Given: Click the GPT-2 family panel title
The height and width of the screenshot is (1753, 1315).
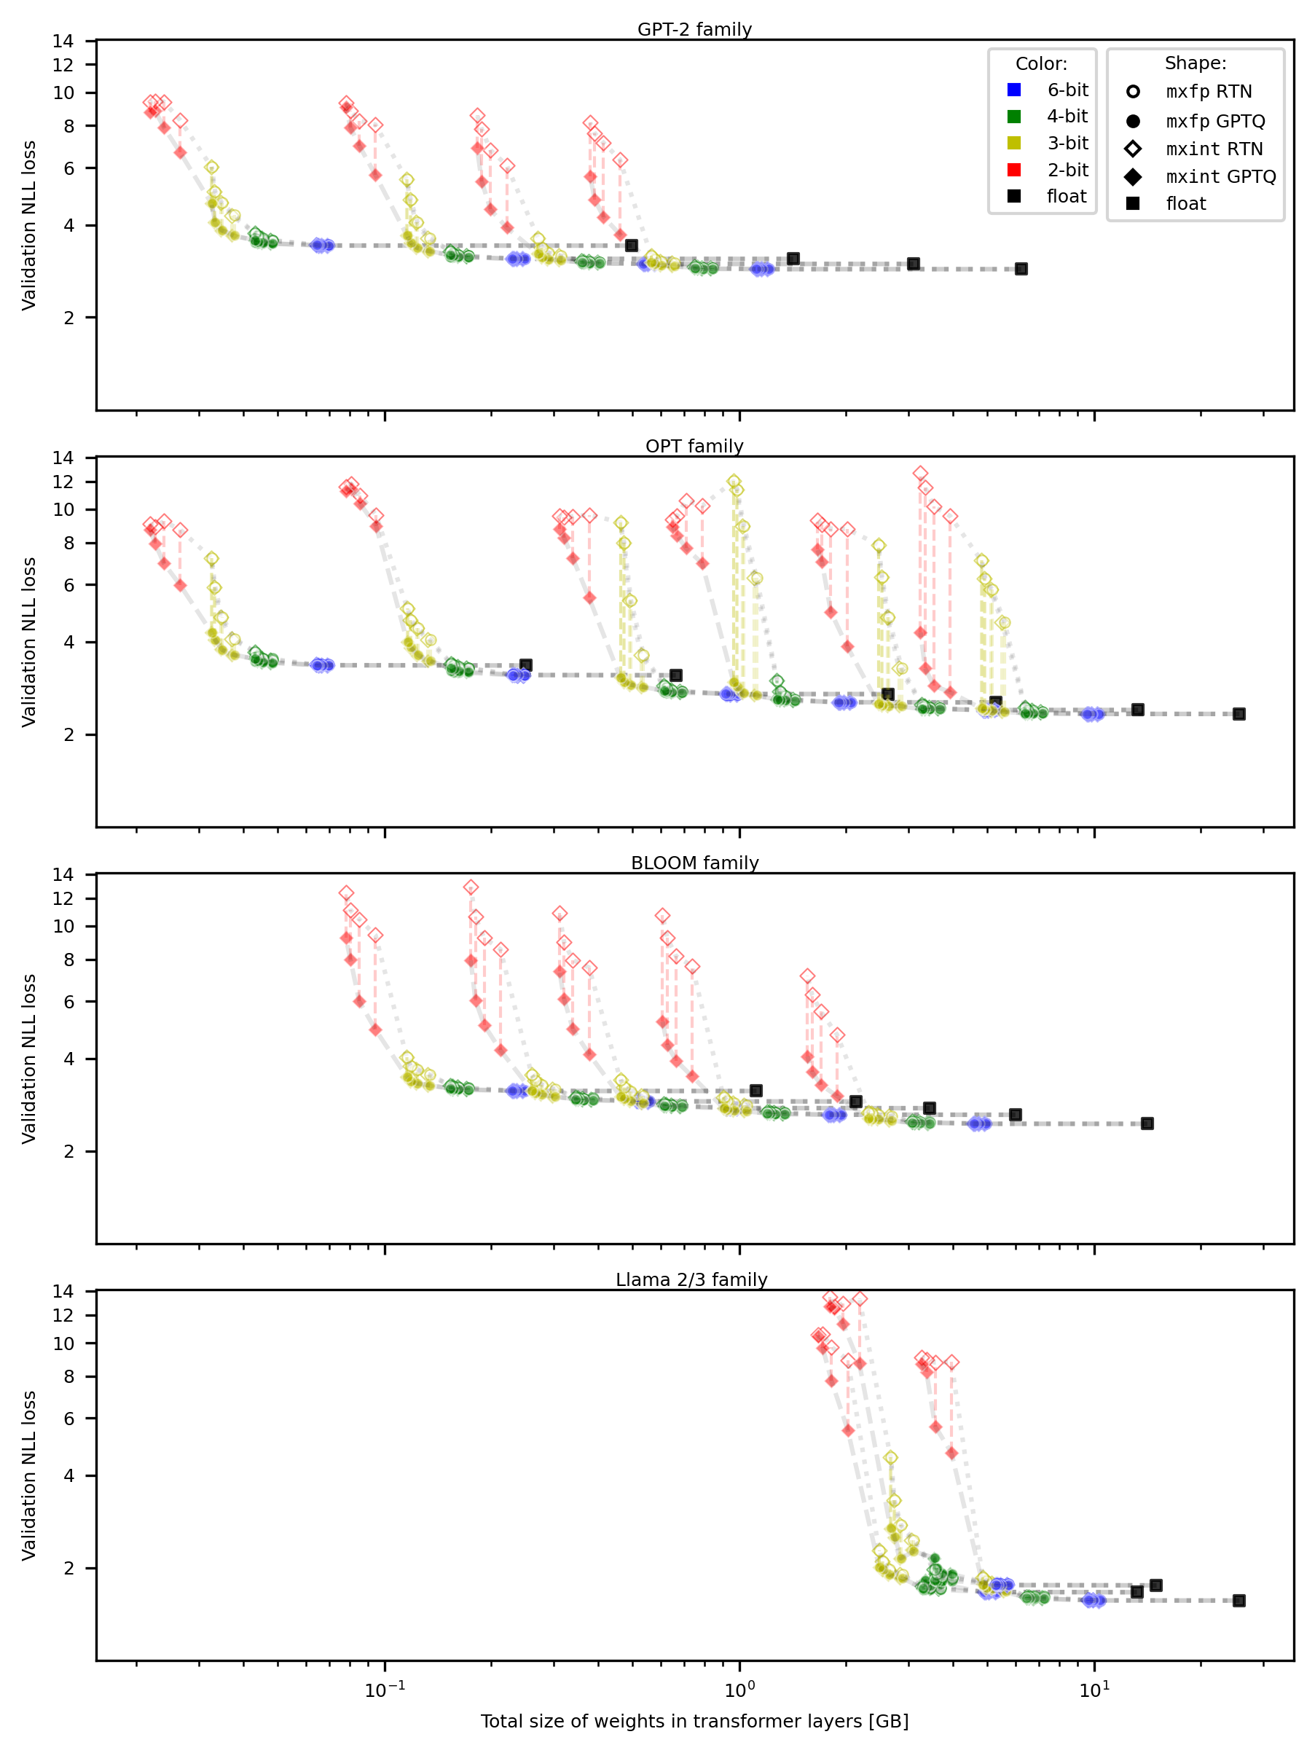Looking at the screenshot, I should tap(694, 29).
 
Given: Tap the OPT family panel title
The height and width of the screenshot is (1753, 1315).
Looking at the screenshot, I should tap(694, 446).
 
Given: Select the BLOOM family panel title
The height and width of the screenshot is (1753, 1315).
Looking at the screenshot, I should tap(694, 863).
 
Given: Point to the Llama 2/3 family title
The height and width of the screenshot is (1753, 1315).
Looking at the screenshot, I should tap(691, 1280).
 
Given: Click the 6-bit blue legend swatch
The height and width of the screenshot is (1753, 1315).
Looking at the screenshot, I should tap(1014, 90).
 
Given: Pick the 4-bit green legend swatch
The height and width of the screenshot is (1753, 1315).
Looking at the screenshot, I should tap(1014, 117).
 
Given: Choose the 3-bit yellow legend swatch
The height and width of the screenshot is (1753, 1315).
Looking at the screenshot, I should tap(1014, 143).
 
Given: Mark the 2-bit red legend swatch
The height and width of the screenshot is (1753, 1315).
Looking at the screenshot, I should tap(1014, 170).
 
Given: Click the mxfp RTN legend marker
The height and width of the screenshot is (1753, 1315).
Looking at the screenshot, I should tap(1134, 92).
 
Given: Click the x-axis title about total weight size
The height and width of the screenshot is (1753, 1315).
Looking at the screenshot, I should tap(694, 1721).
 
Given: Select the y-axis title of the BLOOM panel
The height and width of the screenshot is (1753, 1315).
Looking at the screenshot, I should tap(29, 1059).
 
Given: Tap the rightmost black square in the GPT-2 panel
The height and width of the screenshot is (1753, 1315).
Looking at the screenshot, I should tap(1021, 270).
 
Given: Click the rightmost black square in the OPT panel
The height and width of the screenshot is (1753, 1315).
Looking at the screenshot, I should tap(1240, 714).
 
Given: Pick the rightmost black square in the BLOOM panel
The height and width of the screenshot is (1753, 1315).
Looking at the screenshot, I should tap(1147, 1123).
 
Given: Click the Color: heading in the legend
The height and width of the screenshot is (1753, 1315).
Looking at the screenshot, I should tap(1042, 63).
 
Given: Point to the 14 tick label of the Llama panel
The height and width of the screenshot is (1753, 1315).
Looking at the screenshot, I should tap(63, 1291).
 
